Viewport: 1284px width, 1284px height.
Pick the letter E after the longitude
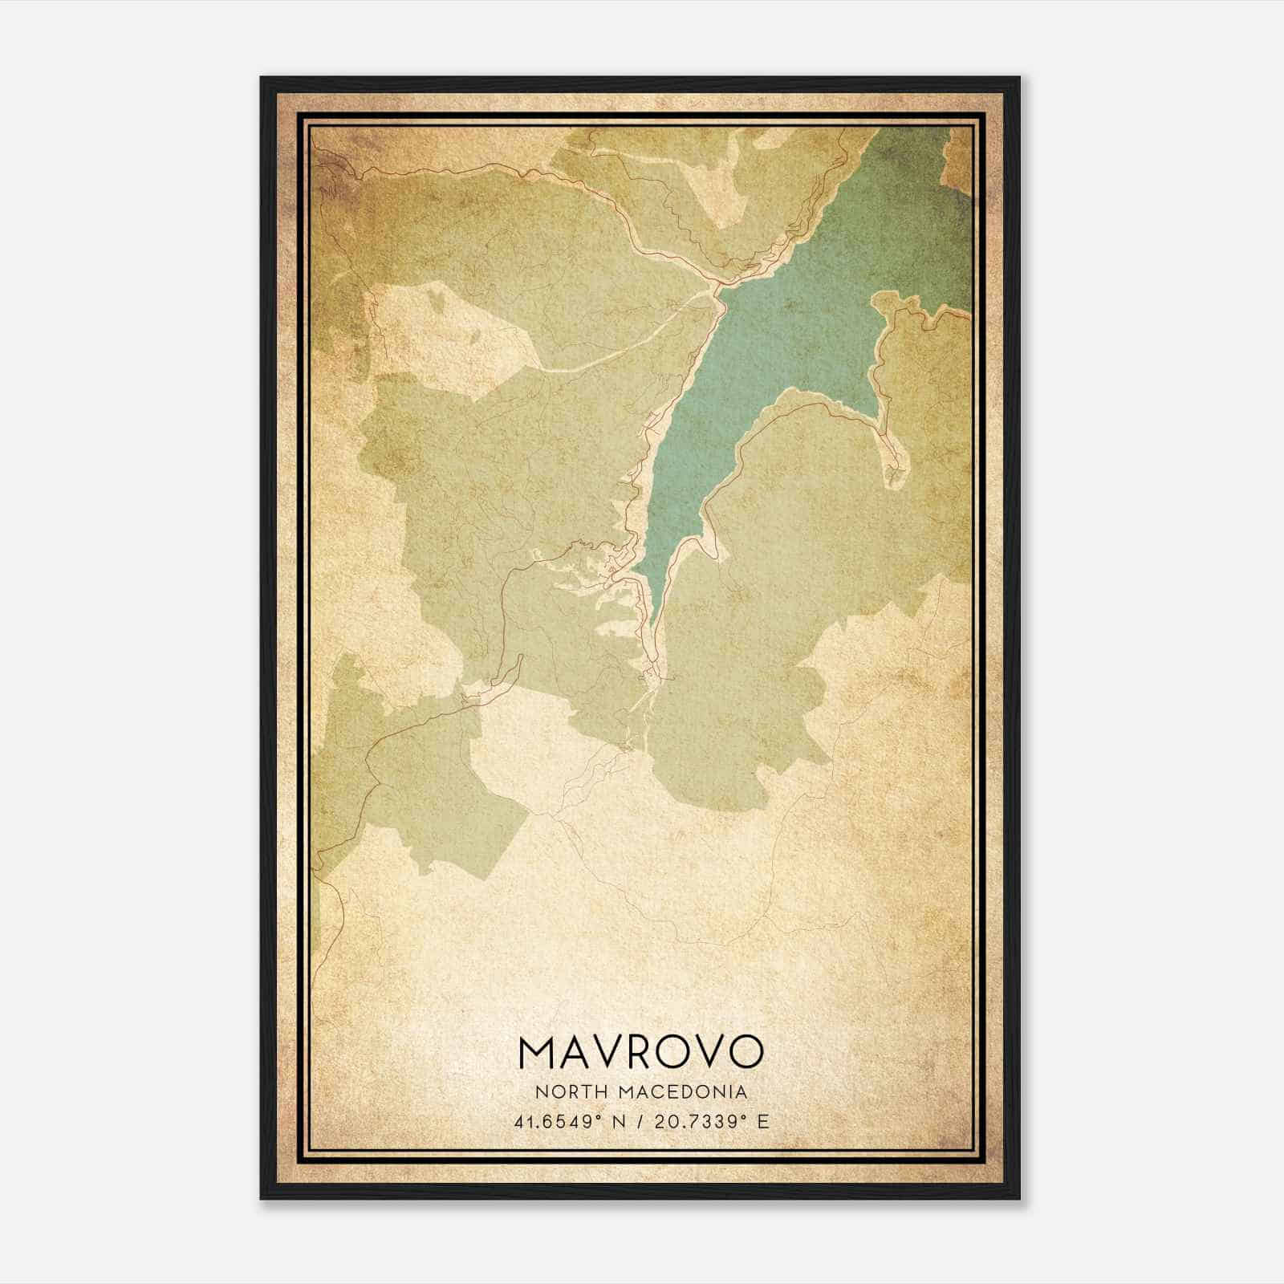tap(763, 1121)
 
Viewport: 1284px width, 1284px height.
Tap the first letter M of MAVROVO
tap(537, 1051)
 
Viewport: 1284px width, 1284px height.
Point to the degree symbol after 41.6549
tap(598, 1116)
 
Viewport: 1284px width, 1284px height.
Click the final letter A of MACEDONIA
tap(742, 1092)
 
